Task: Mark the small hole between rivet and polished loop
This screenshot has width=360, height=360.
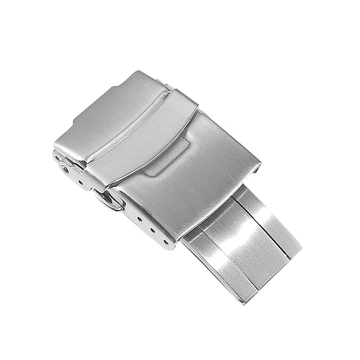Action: point(81,182)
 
